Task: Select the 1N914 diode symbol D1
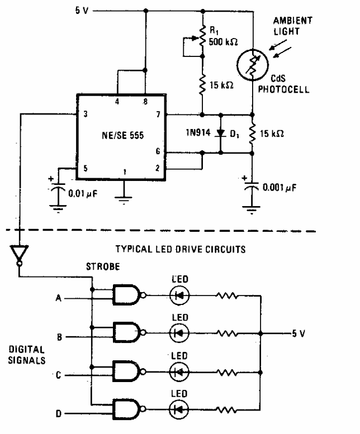click(x=220, y=134)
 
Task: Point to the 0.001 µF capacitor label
click(x=277, y=188)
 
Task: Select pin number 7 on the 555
click(x=159, y=115)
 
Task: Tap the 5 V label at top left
click(x=66, y=11)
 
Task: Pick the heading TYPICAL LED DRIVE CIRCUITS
click(x=180, y=250)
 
